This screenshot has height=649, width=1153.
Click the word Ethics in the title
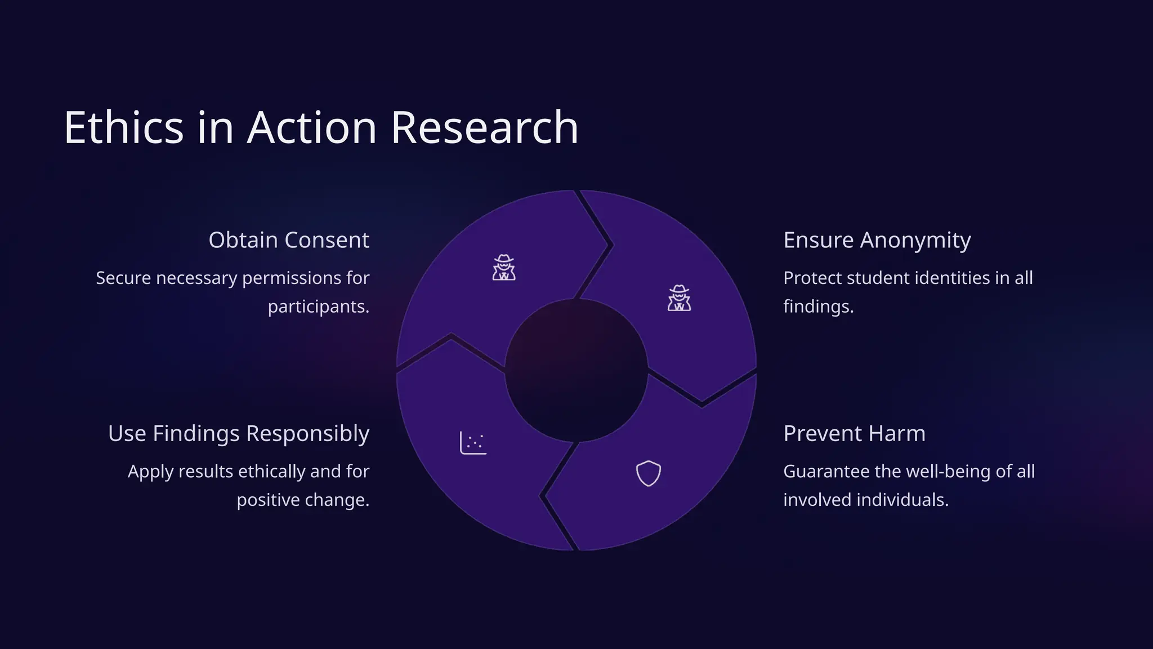pyautogui.click(x=124, y=128)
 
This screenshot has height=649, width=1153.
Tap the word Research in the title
pyautogui.click(x=484, y=128)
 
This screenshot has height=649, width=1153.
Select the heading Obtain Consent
pyautogui.click(x=289, y=240)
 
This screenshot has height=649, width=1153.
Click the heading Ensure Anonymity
pyautogui.click(x=877, y=240)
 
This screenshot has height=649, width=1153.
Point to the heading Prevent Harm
pyautogui.click(x=854, y=433)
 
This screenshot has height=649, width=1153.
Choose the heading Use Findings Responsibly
pyautogui.click(x=239, y=433)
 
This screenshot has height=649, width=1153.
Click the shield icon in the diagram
pyautogui.click(x=648, y=473)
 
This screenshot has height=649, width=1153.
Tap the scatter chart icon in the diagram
pyautogui.click(x=473, y=443)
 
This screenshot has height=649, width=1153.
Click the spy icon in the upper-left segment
pyautogui.click(x=504, y=268)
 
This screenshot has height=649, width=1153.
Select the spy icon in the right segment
pyautogui.click(x=680, y=298)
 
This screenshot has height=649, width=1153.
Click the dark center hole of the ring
pyautogui.click(x=576, y=370)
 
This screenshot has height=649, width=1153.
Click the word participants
pyautogui.click(x=318, y=306)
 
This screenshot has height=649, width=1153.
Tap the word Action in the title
pyautogui.click(x=312, y=128)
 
